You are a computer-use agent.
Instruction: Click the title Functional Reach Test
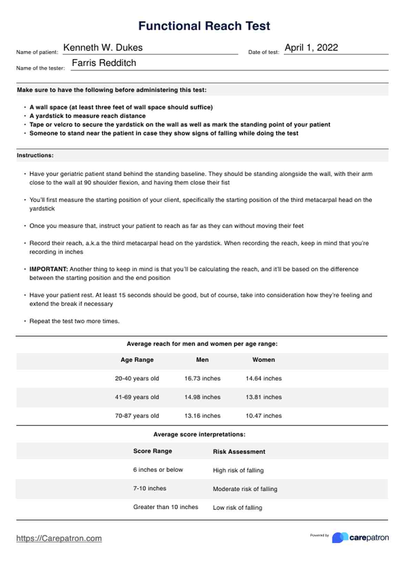click(204, 26)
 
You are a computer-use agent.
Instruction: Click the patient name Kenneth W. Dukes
click(103, 47)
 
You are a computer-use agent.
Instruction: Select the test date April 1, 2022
click(311, 47)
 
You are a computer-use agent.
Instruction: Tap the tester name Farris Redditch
click(104, 63)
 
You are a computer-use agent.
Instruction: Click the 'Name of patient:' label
click(37, 52)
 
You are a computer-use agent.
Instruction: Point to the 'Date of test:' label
click(263, 52)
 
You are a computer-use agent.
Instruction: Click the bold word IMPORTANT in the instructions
click(49, 269)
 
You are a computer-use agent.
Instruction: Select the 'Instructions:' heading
click(35, 155)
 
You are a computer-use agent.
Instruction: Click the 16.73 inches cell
click(202, 378)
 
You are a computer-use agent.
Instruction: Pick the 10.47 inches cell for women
click(263, 415)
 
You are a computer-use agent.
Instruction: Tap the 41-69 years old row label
click(137, 397)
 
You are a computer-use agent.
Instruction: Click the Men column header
click(202, 360)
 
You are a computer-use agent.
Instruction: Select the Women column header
click(263, 360)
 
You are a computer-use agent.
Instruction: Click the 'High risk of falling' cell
click(238, 470)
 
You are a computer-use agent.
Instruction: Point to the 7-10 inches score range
click(149, 488)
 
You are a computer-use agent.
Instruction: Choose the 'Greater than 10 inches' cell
click(165, 507)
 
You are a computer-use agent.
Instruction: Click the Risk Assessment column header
click(239, 452)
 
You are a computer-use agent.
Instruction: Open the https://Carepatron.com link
click(59, 538)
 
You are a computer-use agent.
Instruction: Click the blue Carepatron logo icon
click(340, 538)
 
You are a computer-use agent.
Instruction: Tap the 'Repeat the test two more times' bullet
click(74, 321)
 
